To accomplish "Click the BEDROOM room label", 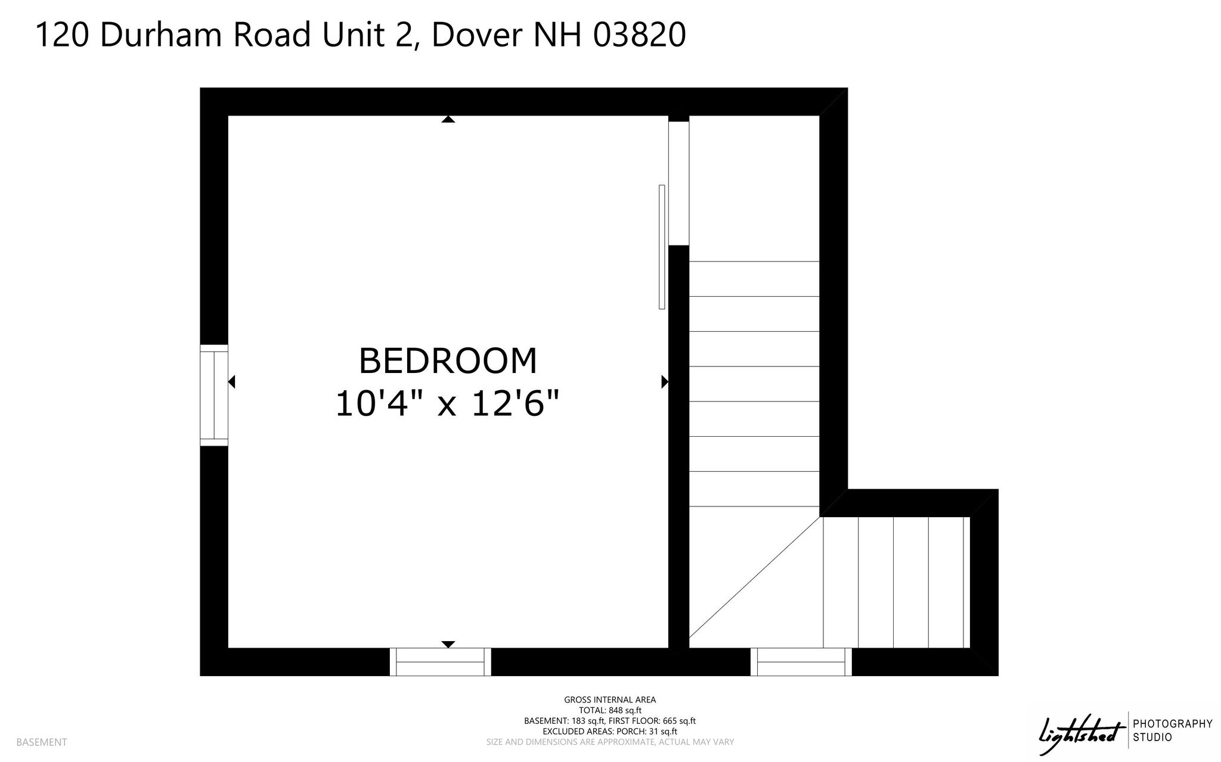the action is (x=448, y=361).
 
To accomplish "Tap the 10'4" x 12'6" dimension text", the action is (x=448, y=404).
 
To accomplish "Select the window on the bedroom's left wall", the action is (x=214, y=395).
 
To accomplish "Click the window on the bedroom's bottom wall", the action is (x=441, y=662).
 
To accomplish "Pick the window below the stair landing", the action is (x=801, y=662).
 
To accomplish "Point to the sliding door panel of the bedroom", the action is (x=662, y=247).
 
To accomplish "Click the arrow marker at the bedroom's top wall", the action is (x=448, y=119).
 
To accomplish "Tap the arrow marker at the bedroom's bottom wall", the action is (x=448, y=644).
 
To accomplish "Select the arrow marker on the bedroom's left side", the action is (x=232, y=381).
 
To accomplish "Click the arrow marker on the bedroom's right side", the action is (x=665, y=381).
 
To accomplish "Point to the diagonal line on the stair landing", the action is (x=755, y=582).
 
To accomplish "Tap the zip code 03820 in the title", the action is (x=639, y=35).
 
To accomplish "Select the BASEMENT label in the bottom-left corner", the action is (x=42, y=742).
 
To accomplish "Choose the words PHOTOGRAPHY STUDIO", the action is (x=1173, y=730).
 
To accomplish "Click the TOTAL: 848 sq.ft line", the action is (x=610, y=710).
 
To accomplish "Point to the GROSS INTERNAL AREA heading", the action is (x=610, y=699).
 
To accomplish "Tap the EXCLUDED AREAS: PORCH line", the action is (x=610, y=731).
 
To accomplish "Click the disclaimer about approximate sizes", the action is (x=610, y=742).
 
